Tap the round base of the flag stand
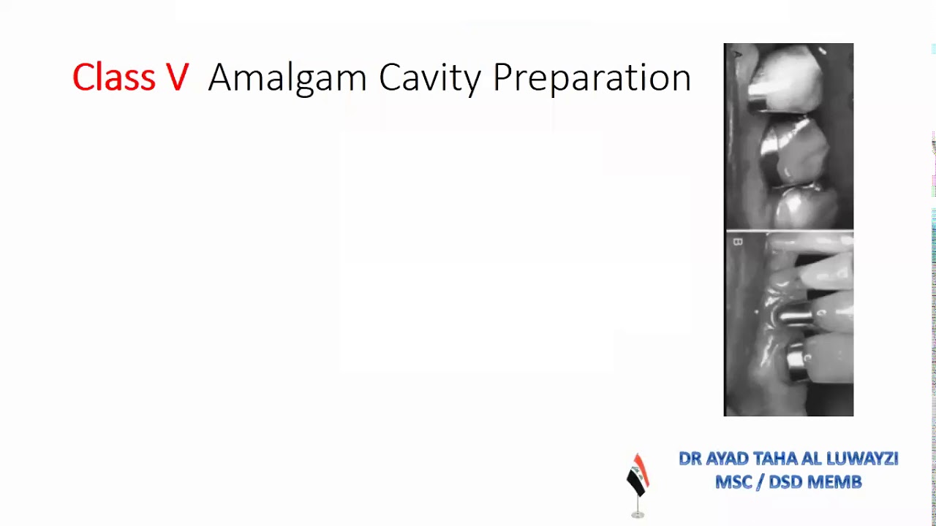click(x=638, y=515)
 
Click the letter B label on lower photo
click(x=737, y=242)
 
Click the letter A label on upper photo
click(x=738, y=54)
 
